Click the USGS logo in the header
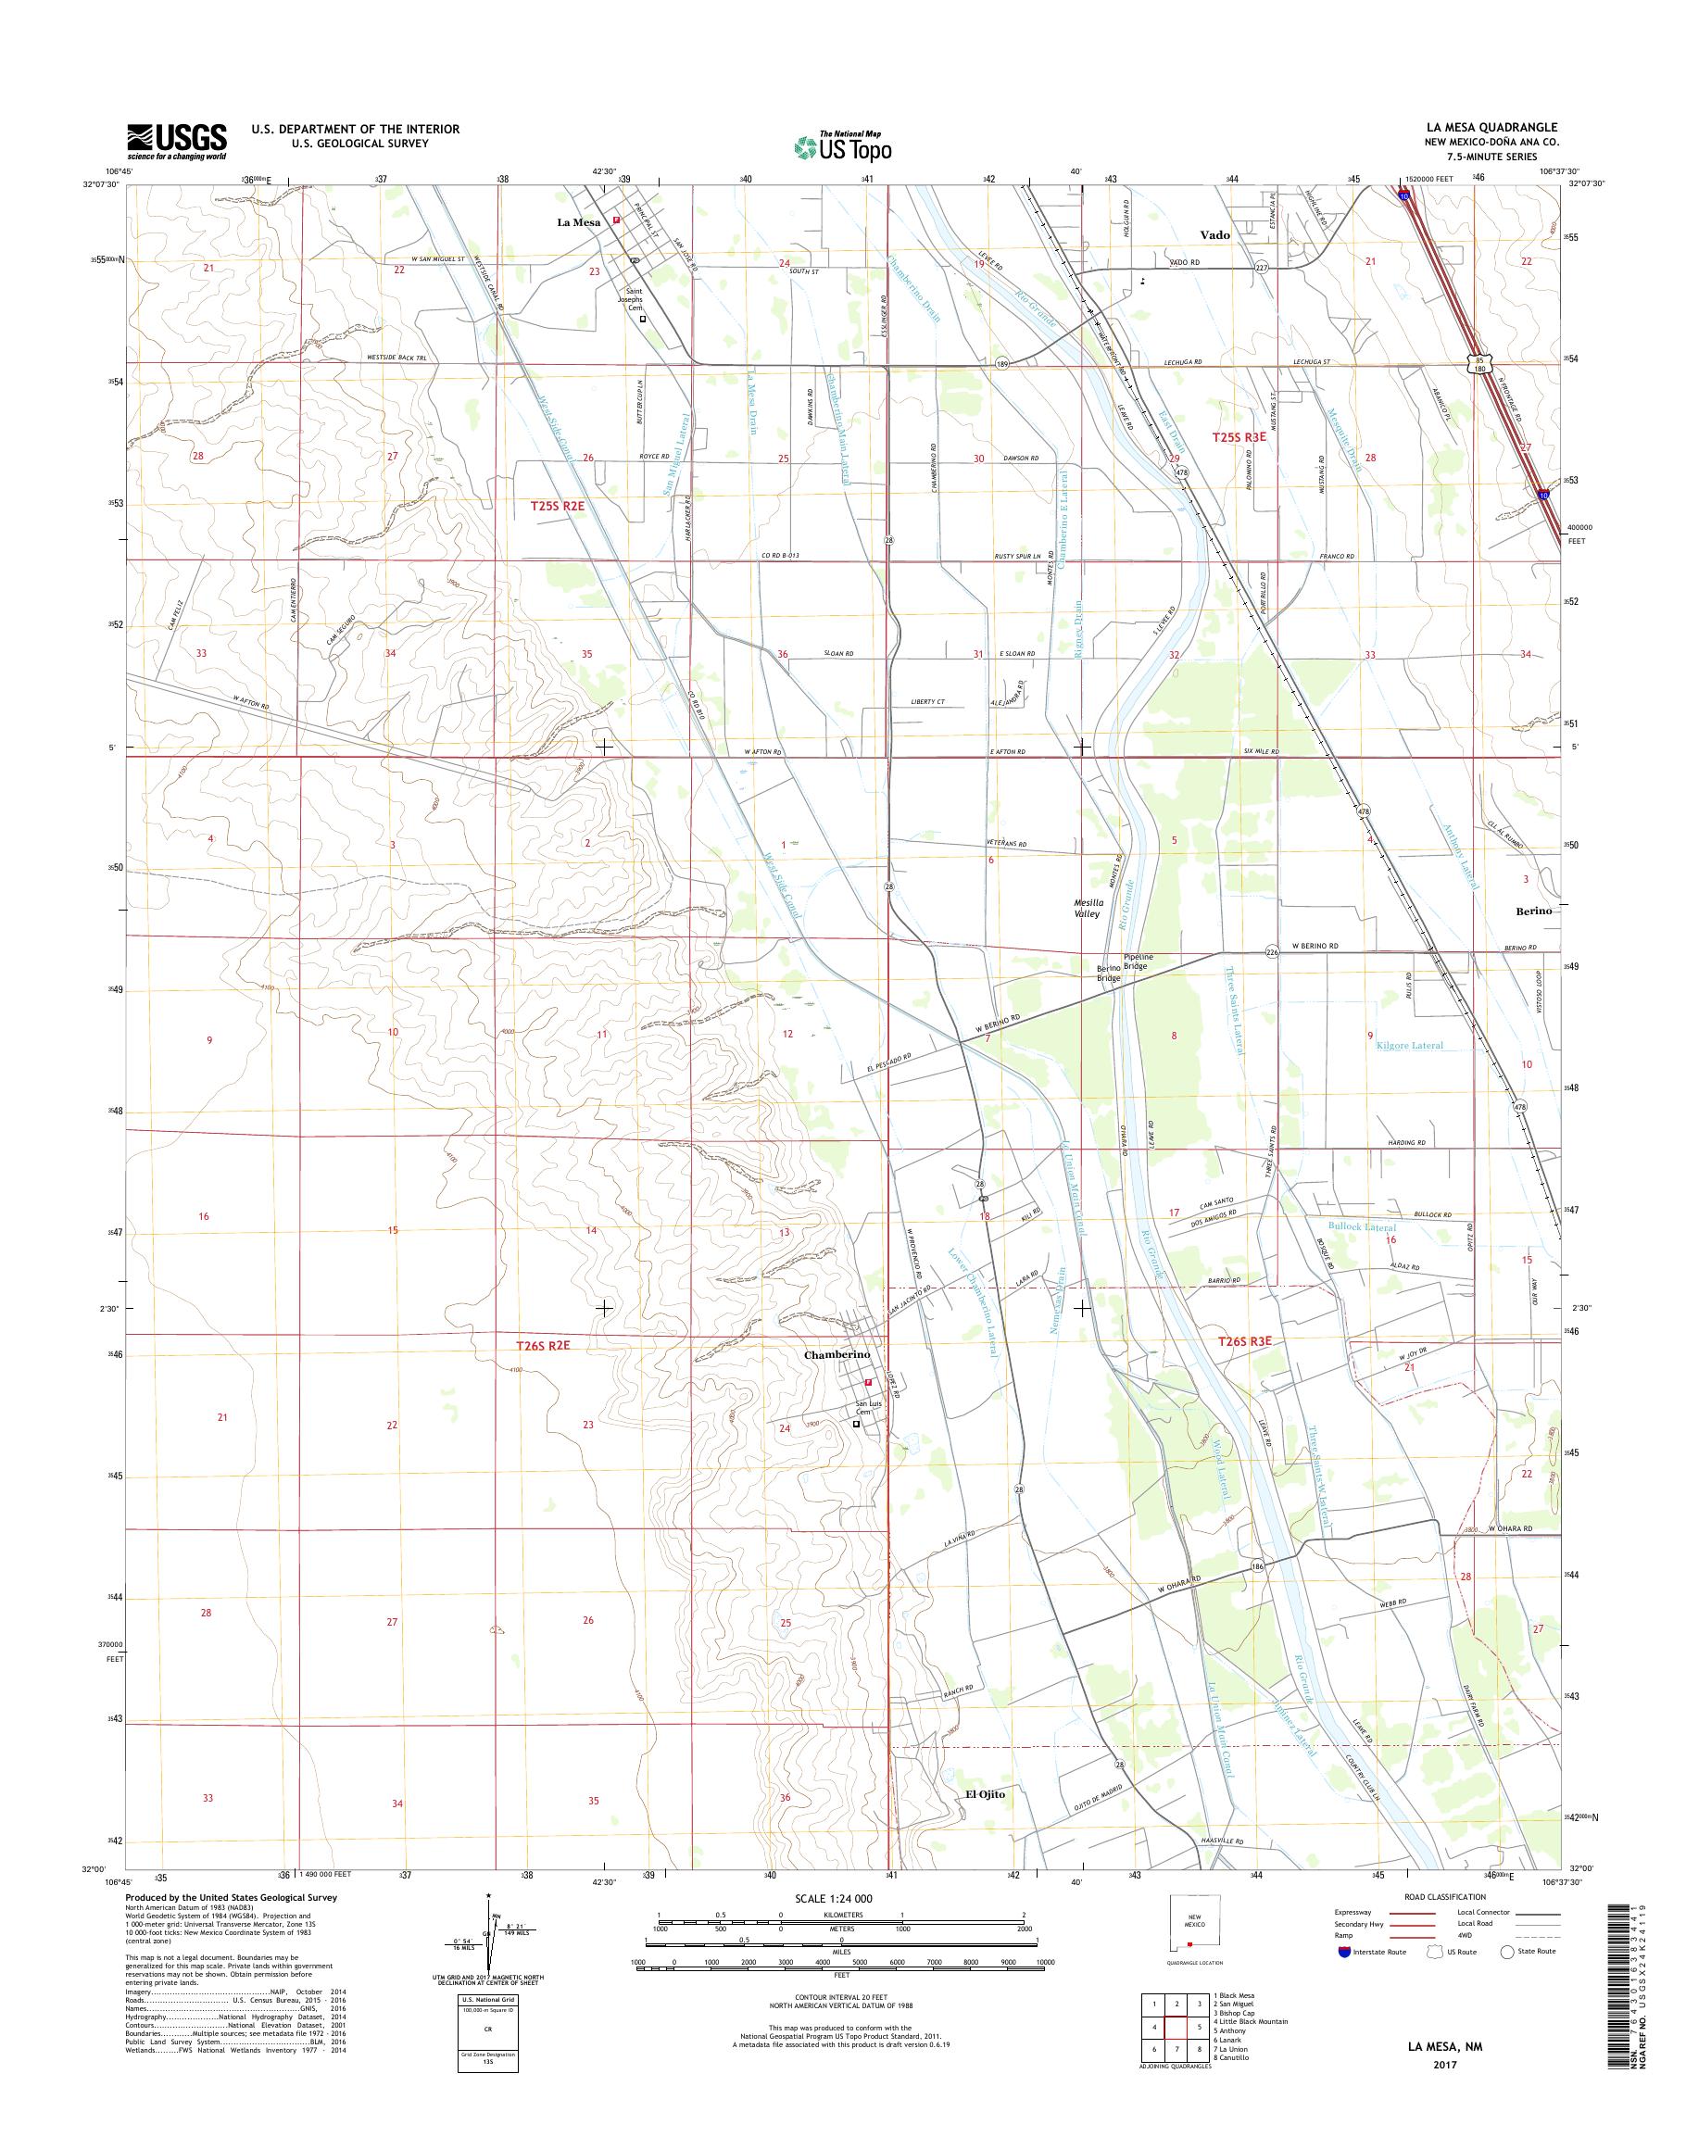(177, 141)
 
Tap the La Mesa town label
(578, 222)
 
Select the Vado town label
(1215, 235)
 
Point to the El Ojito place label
(984, 1793)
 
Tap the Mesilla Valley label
(1086, 908)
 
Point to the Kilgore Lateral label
(1408, 1046)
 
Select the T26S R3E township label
(1245, 1342)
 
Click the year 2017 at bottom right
(1443, 2056)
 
